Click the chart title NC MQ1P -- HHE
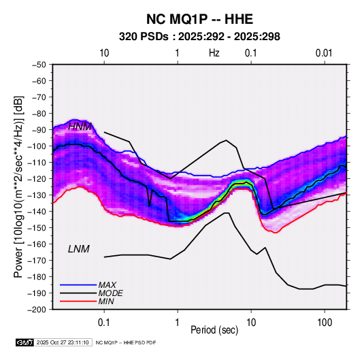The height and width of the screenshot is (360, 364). [x=199, y=19]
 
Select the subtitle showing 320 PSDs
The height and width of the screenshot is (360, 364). [x=199, y=37]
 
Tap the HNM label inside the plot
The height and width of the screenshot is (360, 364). [x=80, y=127]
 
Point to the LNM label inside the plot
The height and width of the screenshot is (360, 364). [x=79, y=249]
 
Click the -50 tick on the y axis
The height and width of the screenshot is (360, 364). [x=39, y=65]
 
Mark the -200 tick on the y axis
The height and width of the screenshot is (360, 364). [x=38, y=310]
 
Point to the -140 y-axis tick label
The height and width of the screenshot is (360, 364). [x=38, y=212]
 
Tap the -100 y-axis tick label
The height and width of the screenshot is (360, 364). [x=38, y=146]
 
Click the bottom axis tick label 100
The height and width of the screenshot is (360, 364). [x=325, y=323]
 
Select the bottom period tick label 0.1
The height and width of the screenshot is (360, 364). [x=104, y=323]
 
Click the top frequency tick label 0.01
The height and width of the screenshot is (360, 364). [x=324, y=53]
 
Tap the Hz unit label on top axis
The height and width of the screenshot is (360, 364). [x=214, y=53]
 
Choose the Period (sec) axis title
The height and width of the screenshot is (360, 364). [x=214, y=330]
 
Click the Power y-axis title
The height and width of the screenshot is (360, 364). [x=18, y=186]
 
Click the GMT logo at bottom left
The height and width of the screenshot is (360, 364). [x=25, y=342]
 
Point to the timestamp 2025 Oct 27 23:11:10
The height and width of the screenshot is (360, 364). [x=63, y=342]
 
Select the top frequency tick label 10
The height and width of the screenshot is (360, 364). [x=104, y=53]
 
